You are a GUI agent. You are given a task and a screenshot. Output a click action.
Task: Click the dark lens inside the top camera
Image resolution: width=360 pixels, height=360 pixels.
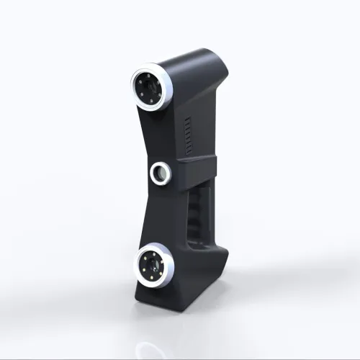[x=149, y=89]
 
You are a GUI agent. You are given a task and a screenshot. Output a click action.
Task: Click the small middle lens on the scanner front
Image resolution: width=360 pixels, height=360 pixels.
[x=160, y=172]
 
